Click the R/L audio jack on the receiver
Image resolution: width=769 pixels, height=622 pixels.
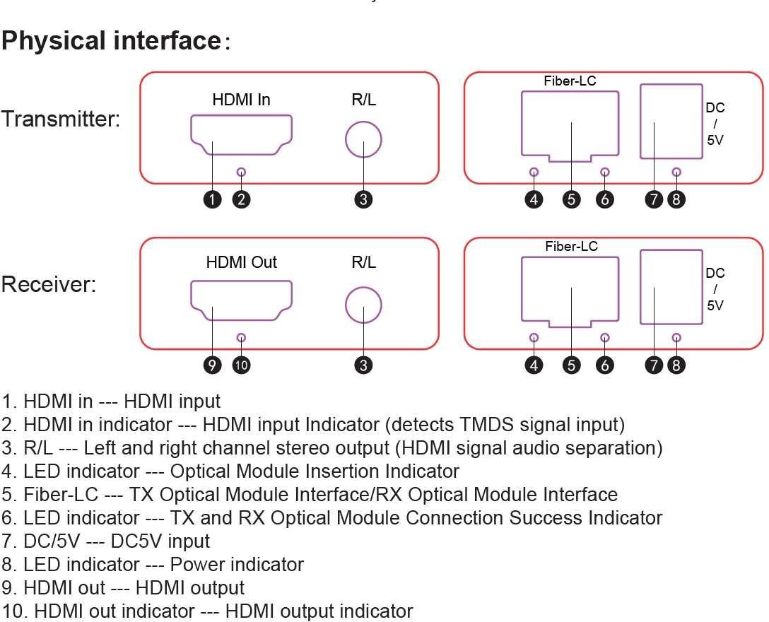pyautogui.click(x=363, y=305)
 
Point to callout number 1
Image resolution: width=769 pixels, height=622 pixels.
pyautogui.click(x=213, y=199)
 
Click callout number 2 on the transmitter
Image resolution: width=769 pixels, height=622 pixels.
pyautogui.click(x=242, y=199)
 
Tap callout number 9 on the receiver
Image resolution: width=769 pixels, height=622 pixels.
pyautogui.click(x=213, y=365)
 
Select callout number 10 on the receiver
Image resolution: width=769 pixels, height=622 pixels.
pyautogui.click(x=242, y=365)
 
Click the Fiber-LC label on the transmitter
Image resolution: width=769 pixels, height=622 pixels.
pyautogui.click(x=570, y=81)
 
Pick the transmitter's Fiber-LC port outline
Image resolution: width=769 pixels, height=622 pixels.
pyautogui.click(x=570, y=124)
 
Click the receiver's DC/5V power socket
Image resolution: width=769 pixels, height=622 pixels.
pyautogui.click(x=671, y=288)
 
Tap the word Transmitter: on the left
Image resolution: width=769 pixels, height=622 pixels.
pyautogui.click(x=61, y=119)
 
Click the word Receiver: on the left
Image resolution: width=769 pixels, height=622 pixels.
pyautogui.click(x=48, y=286)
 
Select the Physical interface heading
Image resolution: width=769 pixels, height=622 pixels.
pyautogui.click(x=112, y=40)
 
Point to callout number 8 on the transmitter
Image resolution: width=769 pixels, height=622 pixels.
pyautogui.click(x=676, y=199)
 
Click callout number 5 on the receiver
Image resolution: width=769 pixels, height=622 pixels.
pyautogui.click(x=571, y=365)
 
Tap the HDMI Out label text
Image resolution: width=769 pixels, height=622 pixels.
pyautogui.click(x=241, y=262)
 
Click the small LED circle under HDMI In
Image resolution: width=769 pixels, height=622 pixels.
pyautogui.click(x=242, y=172)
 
